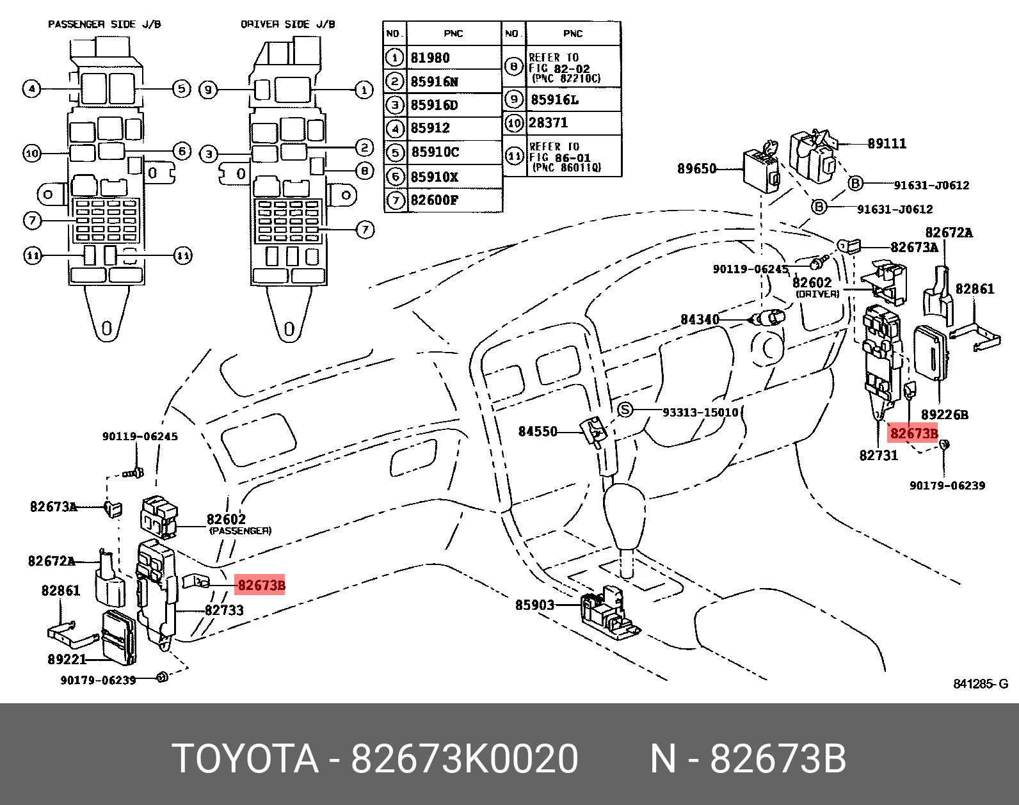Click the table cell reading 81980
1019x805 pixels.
click(x=430, y=58)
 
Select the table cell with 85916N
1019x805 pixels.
click(x=434, y=82)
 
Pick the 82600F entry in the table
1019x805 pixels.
click(x=434, y=200)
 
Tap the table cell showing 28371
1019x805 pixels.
click(x=548, y=123)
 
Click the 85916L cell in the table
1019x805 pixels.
click(x=554, y=100)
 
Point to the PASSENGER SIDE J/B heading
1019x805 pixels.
click(x=104, y=24)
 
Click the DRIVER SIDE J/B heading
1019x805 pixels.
click(x=288, y=24)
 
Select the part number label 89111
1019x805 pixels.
click(x=887, y=143)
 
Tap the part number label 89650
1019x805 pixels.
click(x=696, y=169)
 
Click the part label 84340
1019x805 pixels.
click(x=699, y=319)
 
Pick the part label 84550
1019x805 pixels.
click(x=538, y=432)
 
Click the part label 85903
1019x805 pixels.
click(x=534, y=605)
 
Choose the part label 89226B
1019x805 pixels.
click(x=944, y=415)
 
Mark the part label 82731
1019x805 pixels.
click(x=878, y=456)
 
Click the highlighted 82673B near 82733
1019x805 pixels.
click(x=261, y=586)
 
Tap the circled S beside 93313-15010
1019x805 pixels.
click(x=625, y=410)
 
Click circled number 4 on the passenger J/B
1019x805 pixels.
click(x=31, y=88)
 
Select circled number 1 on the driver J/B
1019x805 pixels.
click(x=364, y=90)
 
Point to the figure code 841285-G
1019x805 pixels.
click(x=980, y=684)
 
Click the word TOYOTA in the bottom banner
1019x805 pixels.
click(x=245, y=760)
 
